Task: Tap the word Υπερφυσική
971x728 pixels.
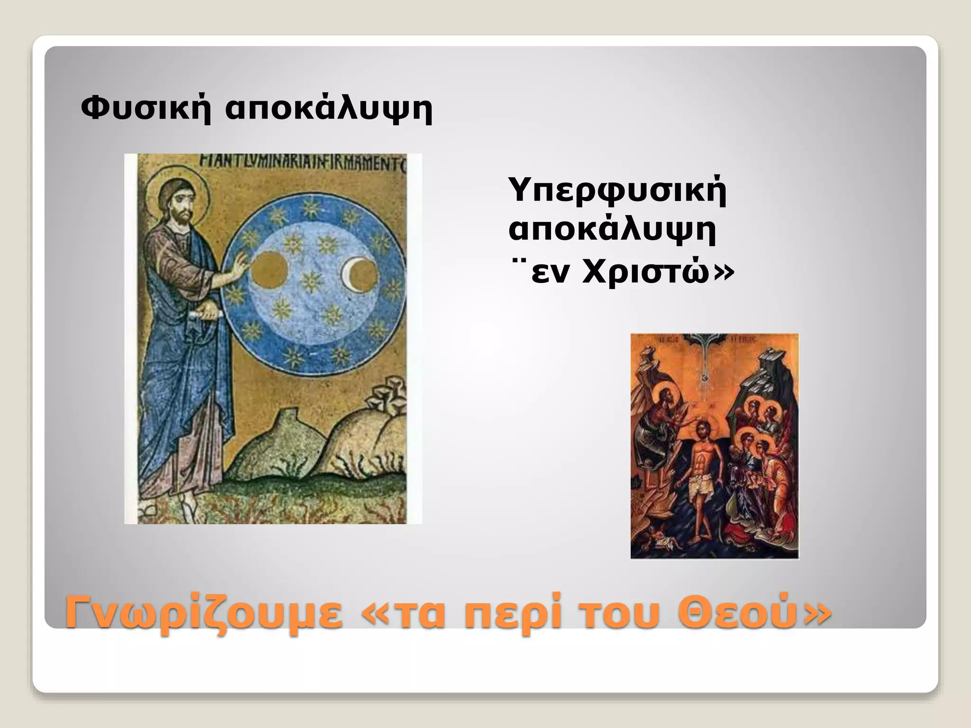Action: tap(617, 191)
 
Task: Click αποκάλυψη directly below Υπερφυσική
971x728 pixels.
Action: tap(612, 231)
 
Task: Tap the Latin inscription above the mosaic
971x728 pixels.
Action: tap(303, 164)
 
